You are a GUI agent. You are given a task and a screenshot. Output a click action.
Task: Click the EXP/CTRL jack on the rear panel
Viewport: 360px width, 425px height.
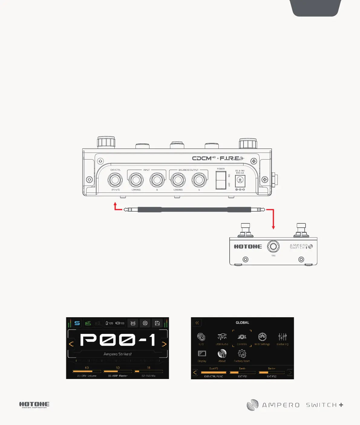pos(115,181)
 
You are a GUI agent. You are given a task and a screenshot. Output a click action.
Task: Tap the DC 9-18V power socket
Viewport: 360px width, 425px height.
pos(240,181)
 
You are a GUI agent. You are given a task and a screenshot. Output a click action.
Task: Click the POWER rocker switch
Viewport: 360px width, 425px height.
pos(221,180)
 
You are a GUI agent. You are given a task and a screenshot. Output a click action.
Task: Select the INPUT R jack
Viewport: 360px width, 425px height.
pos(157,180)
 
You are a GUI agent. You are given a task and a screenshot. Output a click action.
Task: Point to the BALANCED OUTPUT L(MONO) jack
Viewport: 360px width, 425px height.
pos(178,180)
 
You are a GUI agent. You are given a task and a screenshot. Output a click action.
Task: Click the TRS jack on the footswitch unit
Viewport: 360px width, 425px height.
pos(273,246)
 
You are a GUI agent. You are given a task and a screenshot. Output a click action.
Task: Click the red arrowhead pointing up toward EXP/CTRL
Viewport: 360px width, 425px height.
pos(115,204)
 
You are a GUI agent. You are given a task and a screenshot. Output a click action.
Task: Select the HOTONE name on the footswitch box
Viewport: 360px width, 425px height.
pos(248,247)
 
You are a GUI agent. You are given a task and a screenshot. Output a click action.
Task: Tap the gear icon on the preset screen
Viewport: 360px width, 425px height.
pos(145,323)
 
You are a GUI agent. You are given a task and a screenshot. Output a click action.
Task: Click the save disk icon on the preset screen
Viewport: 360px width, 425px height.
pos(157,323)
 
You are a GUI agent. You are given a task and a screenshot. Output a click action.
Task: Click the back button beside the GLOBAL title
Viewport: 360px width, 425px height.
pos(197,323)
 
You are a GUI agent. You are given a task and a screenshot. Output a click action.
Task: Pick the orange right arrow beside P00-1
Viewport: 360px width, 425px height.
pos(164,344)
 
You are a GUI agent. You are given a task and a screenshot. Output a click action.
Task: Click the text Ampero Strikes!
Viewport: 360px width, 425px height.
pos(117,354)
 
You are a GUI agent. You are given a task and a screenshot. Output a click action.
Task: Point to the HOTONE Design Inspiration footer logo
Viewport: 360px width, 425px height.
pos(34,405)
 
